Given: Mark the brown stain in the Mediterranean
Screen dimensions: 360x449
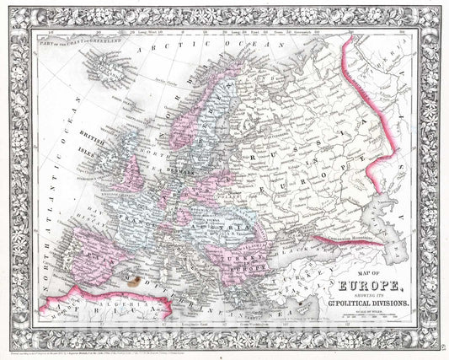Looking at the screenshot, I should [x=129, y=276].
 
